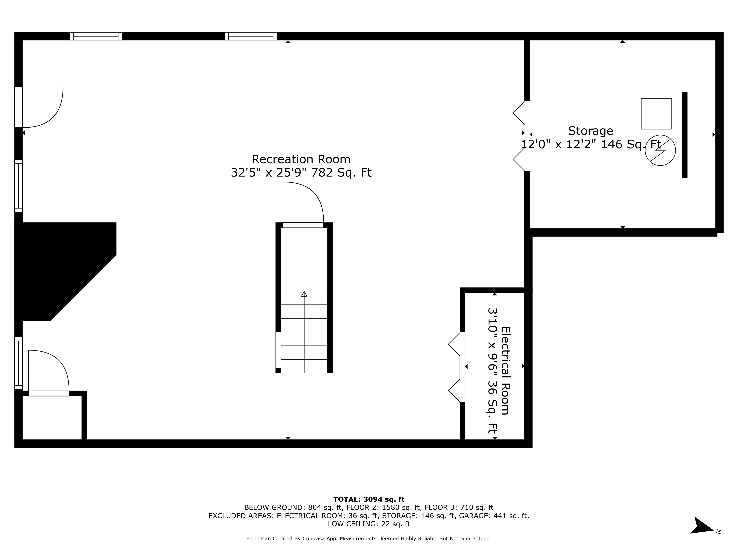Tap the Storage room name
pos(590,131)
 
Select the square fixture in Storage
pos(656,114)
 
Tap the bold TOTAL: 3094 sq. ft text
pos(369,499)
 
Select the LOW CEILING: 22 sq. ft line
pos(369,524)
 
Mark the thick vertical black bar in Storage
pos(684,135)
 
